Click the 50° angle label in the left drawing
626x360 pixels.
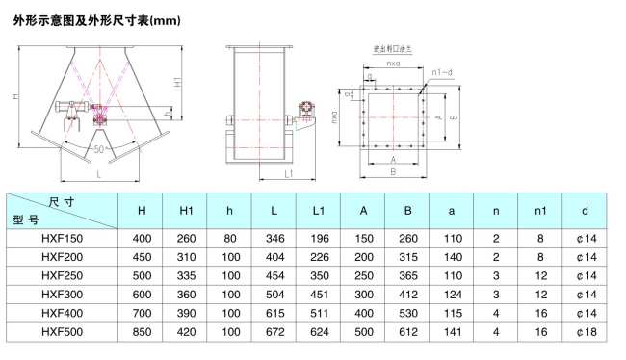pyautogui.click(x=99, y=149)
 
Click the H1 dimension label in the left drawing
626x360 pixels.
pyautogui.click(x=177, y=82)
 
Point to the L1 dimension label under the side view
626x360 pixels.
pyautogui.click(x=289, y=174)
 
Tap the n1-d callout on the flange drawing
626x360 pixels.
pyautogui.click(x=442, y=72)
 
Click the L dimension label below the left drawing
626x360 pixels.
pyautogui.click(x=99, y=174)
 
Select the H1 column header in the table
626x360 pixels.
pyautogui.click(x=186, y=211)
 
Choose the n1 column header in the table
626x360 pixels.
pyautogui.click(x=540, y=211)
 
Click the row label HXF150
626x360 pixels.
pyautogui.click(x=63, y=239)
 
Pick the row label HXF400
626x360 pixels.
pyautogui.click(x=63, y=313)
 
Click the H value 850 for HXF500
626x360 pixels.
pyautogui.click(x=142, y=332)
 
